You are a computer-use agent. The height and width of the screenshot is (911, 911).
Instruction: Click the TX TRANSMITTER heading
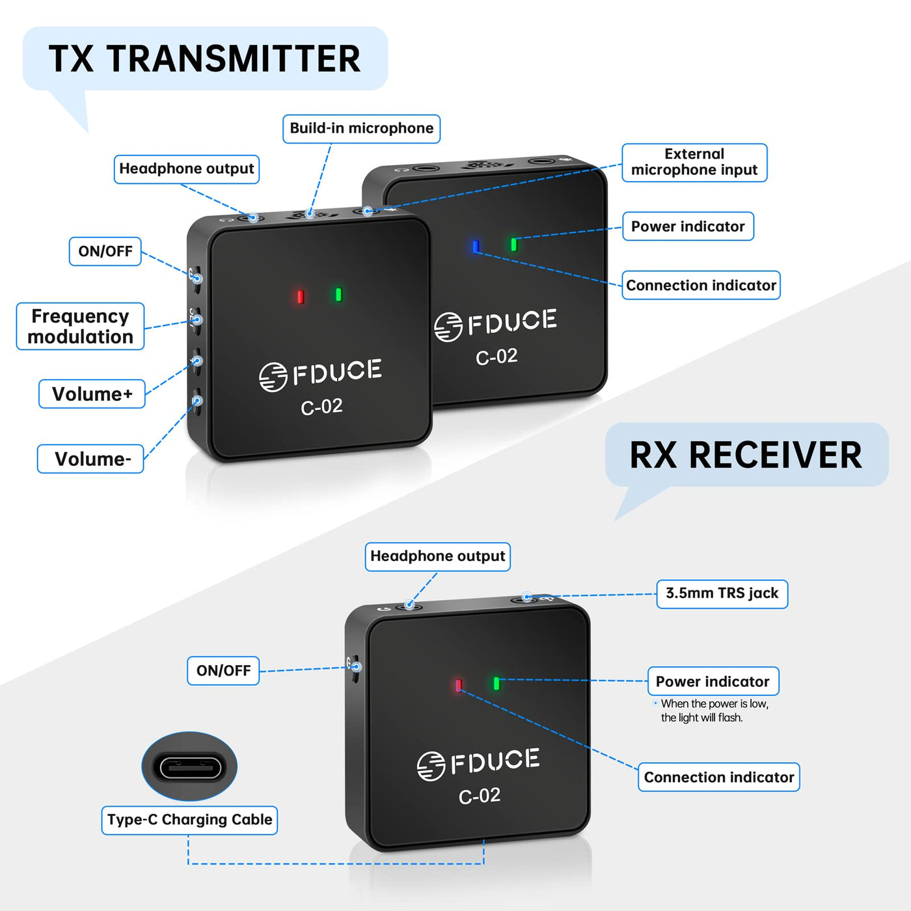[204, 59]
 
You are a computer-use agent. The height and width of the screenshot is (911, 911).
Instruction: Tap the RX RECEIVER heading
[746, 455]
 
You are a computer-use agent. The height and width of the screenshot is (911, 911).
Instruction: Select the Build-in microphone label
[361, 129]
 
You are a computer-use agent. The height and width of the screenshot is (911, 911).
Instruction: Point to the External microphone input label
[694, 163]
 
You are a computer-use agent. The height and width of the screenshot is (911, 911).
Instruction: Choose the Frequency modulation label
[80, 326]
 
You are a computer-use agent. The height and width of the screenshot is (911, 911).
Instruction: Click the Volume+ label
[92, 394]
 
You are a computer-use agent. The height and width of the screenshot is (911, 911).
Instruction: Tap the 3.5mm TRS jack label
[722, 593]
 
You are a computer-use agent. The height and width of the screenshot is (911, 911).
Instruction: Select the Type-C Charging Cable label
[189, 820]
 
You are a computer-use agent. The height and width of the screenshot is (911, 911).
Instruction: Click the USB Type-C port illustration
[189, 767]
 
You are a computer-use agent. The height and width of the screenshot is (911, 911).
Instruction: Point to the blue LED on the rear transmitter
[476, 247]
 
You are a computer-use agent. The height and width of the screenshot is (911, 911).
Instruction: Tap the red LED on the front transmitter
[300, 297]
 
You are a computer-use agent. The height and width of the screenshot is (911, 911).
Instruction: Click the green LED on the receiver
[496, 683]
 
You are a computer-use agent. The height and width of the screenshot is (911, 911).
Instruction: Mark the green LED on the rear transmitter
[513, 245]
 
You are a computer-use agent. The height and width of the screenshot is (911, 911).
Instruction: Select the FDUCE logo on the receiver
[478, 763]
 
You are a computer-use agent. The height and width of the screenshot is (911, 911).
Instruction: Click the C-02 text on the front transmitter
[321, 407]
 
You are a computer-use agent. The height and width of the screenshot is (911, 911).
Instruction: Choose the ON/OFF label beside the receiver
[223, 671]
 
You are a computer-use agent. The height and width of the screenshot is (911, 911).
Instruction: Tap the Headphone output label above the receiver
[437, 556]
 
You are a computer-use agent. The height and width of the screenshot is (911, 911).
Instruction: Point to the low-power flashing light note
[713, 711]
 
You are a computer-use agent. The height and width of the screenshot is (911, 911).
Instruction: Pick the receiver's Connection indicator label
[718, 777]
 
